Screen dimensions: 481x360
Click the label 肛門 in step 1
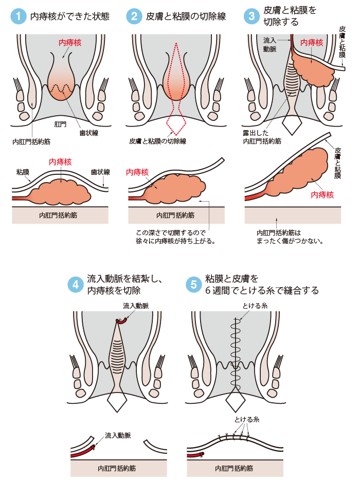[61, 124]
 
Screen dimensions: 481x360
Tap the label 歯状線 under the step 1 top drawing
[88, 132]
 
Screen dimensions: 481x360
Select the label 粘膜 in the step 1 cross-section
[22, 172]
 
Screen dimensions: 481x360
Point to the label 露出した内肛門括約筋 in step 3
[261, 136]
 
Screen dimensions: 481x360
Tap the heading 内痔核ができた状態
[70, 16]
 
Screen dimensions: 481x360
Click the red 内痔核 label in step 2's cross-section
[137, 172]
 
